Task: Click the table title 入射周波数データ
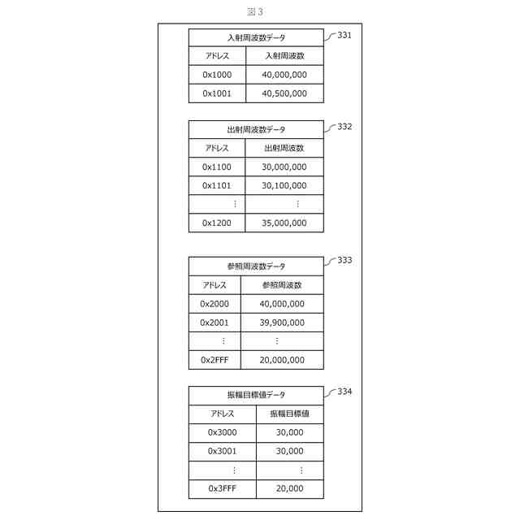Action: pos(256,37)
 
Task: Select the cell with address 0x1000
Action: pos(217,75)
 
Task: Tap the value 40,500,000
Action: pos(284,93)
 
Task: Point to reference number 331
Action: pos(344,36)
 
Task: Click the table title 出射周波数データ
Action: pos(256,129)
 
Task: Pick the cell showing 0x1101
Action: pos(217,185)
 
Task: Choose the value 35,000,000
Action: pos(284,223)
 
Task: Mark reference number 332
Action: pos(344,127)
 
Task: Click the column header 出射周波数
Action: pos(284,148)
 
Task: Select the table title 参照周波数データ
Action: pos(256,266)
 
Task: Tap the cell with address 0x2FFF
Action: pos(214,359)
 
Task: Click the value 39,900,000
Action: pos(282,322)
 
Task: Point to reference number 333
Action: pos(344,260)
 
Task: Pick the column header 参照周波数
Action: pos(282,285)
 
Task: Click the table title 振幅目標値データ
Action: pos(256,395)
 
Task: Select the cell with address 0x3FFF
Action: pos(222,488)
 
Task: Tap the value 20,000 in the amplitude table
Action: pos(289,488)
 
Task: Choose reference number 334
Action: pos(344,392)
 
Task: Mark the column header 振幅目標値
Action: pos(289,414)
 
